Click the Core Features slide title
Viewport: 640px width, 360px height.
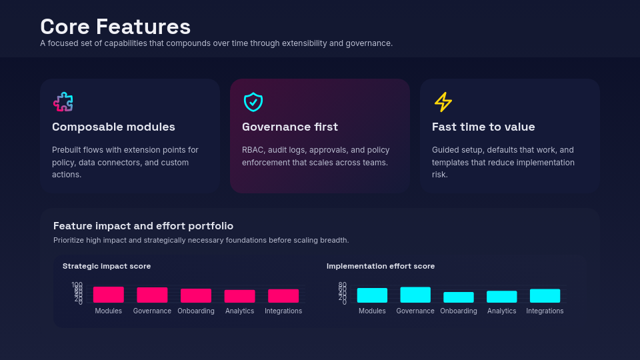pyautogui.click(x=115, y=27)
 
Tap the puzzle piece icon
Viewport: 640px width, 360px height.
pyautogui.click(x=63, y=102)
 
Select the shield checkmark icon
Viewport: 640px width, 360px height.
pyautogui.click(x=253, y=102)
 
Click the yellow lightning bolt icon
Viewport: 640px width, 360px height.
pyautogui.click(x=443, y=102)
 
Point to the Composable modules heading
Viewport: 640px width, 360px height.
pyautogui.click(x=113, y=127)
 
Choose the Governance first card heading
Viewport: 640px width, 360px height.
pyautogui.click(x=290, y=127)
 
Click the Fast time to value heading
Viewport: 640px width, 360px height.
pyautogui.click(x=483, y=127)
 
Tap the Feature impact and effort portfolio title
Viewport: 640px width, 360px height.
pyautogui.click(x=143, y=226)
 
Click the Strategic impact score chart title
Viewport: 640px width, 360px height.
pyautogui.click(x=107, y=266)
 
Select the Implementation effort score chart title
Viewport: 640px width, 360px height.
pyautogui.click(x=381, y=266)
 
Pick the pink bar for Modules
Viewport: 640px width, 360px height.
pyautogui.click(x=109, y=295)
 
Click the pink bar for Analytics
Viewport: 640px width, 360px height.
pyautogui.click(x=239, y=296)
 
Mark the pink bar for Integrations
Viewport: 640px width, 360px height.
pyautogui.click(x=283, y=296)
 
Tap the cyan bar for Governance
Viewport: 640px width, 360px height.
pyautogui.click(x=415, y=295)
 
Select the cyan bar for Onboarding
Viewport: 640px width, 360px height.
pyautogui.click(x=459, y=297)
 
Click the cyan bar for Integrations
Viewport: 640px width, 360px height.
pyautogui.click(x=545, y=296)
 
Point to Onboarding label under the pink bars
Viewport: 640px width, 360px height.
pyautogui.click(x=196, y=311)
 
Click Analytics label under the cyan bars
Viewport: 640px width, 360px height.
pyautogui.click(x=502, y=311)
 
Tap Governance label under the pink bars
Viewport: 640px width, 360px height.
pyautogui.click(x=152, y=311)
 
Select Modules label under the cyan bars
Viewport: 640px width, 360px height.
pyautogui.click(x=372, y=311)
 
